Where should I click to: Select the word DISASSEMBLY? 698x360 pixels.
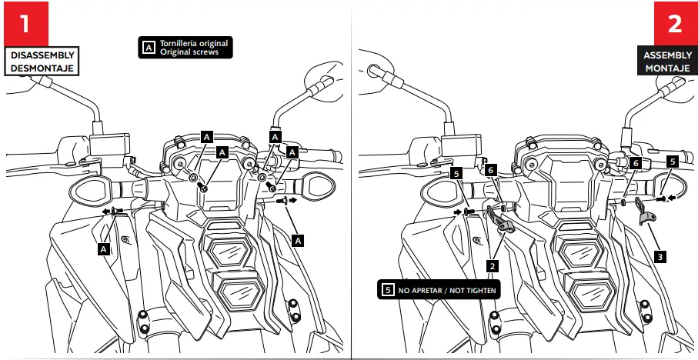[x=42, y=55]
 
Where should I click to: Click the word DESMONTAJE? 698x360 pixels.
[x=42, y=68]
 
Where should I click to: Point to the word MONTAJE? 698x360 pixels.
[x=667, y=68]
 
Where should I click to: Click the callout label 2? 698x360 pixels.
[x=490, y=265]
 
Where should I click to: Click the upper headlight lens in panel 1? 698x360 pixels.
[x=230, y=251]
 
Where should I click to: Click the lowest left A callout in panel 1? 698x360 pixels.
[x=103, y=248]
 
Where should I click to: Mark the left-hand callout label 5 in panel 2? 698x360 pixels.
[x=456, y=175]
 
